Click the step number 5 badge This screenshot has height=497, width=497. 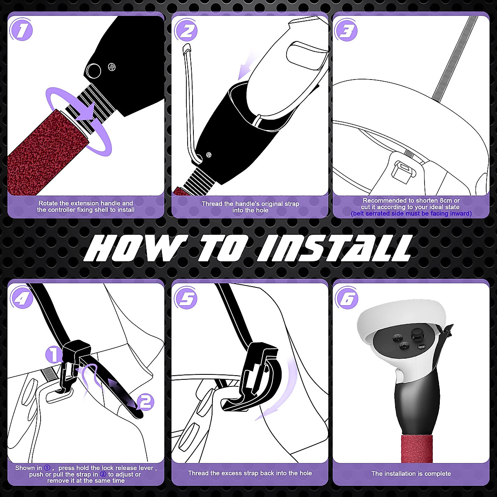click(x=186, y=298)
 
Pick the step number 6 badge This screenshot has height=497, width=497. click(x=347, y=298)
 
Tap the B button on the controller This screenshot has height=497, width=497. click(x=398, y=336)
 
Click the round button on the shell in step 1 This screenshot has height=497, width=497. click(x=94, y=70)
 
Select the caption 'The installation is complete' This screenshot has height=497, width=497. click(x=411, y=473)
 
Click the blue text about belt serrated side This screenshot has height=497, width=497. click(x=411, y=214)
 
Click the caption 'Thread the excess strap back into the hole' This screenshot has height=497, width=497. click(x=250, y=473)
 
